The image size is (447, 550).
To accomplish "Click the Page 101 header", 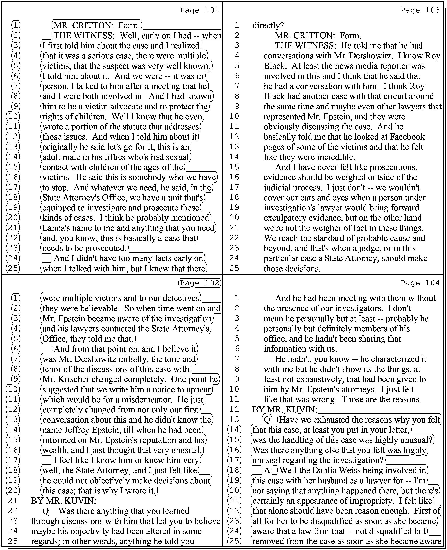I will [199, 10].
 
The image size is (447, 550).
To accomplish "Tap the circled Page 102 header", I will [199, 283].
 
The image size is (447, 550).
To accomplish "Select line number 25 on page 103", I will [234, 268].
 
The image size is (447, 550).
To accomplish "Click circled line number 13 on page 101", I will [13, 147].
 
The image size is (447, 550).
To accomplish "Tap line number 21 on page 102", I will [13, 501].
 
